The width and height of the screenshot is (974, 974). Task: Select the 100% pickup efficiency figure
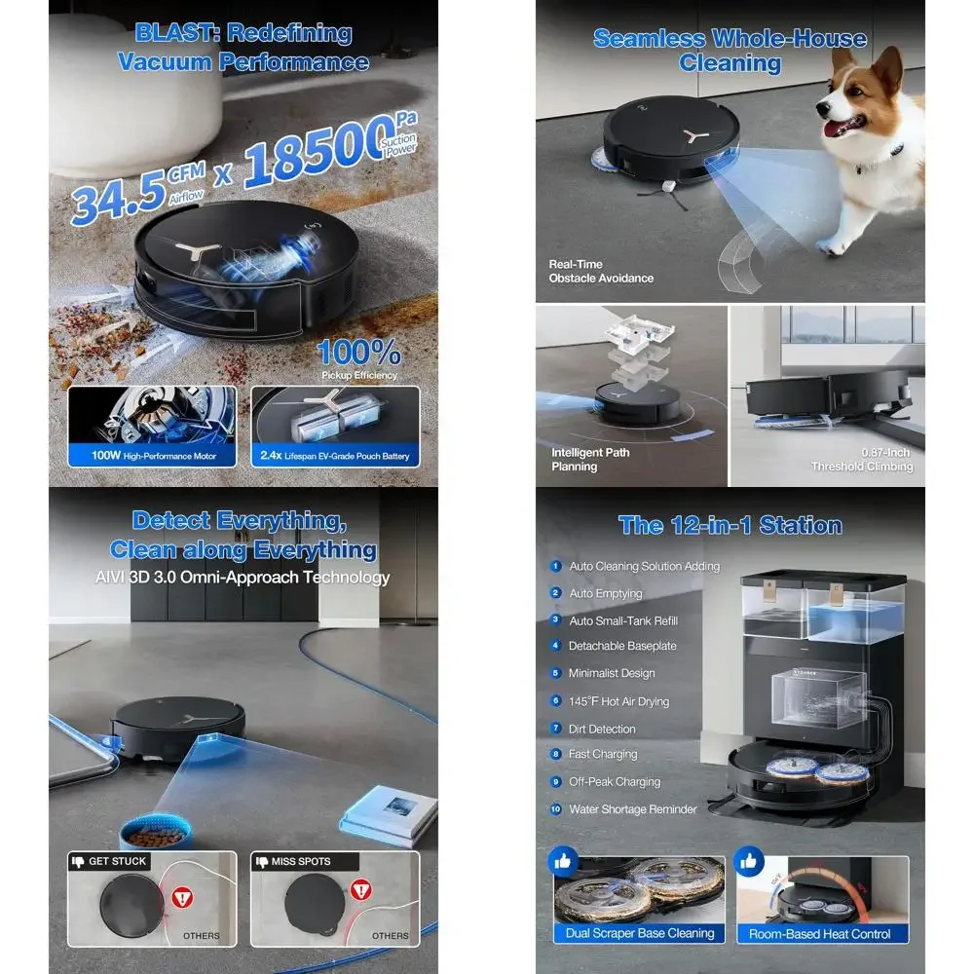[x=358, y=352]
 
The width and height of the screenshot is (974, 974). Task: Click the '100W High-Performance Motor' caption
[x=152, y=456]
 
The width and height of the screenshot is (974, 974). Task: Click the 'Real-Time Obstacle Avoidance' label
[x=601, y=271]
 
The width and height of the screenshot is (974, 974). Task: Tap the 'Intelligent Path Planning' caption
[x=590, y=460]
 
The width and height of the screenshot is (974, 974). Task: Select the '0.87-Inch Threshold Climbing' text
[x=862, y=460]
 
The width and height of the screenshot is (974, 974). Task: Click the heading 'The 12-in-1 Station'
[x=730, y=526]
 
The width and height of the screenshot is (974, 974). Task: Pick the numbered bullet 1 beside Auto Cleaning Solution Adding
[x=556, y=566]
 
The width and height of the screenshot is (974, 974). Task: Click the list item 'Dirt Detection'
[x=602, y=729]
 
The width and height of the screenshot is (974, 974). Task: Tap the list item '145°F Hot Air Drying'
[x=618, y=701]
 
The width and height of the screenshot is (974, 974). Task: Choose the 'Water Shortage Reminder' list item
[x=633, y=809]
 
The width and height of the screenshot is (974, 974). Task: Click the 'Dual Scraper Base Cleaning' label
[x=640, y=933]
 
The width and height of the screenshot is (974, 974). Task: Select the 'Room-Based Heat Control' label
[x=819, y=933]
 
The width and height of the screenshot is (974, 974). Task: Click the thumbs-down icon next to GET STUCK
[x=78, y=861]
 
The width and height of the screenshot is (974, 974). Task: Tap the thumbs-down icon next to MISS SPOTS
[x=261, y=861]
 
